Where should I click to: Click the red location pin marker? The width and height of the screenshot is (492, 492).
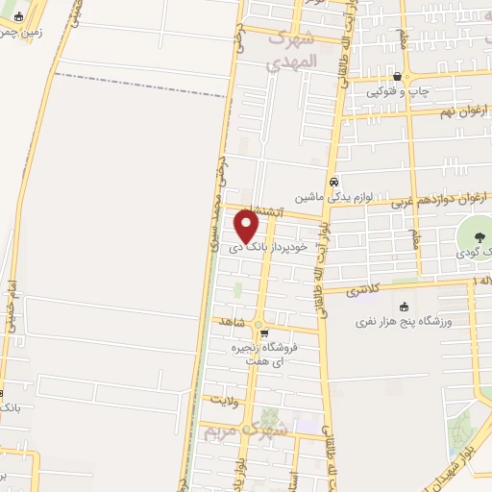247,226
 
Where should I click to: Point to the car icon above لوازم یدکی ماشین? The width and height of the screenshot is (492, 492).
333,182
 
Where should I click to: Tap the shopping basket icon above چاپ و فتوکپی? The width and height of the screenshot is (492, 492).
398,77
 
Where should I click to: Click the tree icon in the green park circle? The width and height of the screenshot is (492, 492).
477,236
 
